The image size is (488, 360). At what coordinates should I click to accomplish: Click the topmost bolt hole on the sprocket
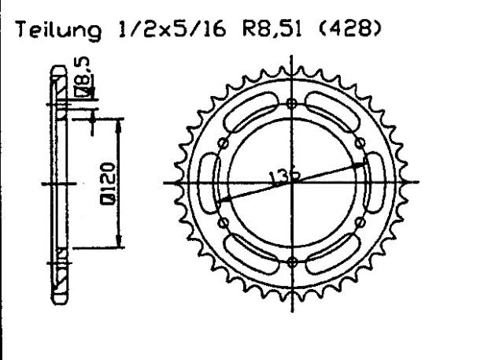click(x=293, y=102)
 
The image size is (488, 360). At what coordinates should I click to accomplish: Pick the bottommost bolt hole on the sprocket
click(x=293, y=262)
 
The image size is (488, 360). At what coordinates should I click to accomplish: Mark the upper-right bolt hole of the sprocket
click(x=361, y=143)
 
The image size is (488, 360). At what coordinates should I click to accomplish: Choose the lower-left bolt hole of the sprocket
click(x=224, y=223)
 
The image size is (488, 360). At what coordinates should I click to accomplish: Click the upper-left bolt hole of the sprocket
click(x=224, y=143)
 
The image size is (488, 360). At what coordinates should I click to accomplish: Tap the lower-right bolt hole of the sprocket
click(x=361, y=223)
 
